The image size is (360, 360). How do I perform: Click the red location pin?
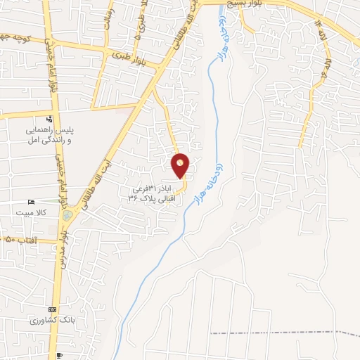tap(181, 165)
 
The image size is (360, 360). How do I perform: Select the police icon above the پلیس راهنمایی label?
tap(49, 118)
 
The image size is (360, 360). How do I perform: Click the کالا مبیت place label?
tap(32, 212)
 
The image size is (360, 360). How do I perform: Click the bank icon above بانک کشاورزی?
tap(51, 309)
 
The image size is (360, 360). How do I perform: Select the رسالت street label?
tap(108, 19)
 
